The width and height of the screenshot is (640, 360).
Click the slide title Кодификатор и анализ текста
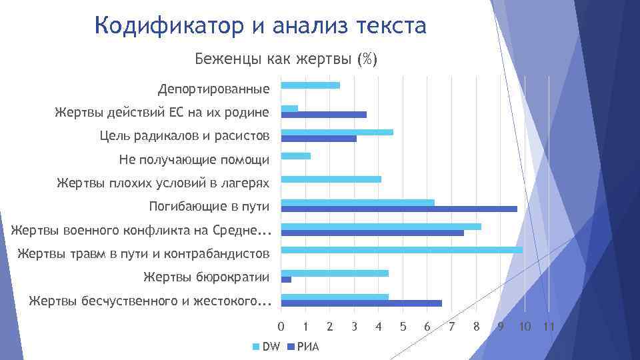[260, 27]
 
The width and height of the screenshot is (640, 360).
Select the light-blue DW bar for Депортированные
[311, 85]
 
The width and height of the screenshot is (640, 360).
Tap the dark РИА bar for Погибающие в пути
[399, 209]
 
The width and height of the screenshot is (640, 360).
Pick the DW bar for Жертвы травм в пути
[402, 250]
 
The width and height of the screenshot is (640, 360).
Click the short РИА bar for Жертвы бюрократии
[287, 280]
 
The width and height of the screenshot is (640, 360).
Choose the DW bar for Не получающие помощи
[296, 156]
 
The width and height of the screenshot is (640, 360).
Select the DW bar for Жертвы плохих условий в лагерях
[331, 179]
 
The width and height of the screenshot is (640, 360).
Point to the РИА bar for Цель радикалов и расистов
[319, 139]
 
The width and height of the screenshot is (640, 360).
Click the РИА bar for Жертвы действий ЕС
[324, 115]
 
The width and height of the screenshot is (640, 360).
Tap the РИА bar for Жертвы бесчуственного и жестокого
[361, 303]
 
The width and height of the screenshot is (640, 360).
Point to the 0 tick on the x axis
[281, 327]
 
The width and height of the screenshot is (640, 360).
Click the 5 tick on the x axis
[403, 327]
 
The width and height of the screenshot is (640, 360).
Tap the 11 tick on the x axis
[549, 327]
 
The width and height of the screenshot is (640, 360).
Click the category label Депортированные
[213, 89]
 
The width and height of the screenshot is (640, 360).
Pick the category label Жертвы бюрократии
[206, 277]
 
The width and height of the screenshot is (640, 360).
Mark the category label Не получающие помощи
[194, 160]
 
